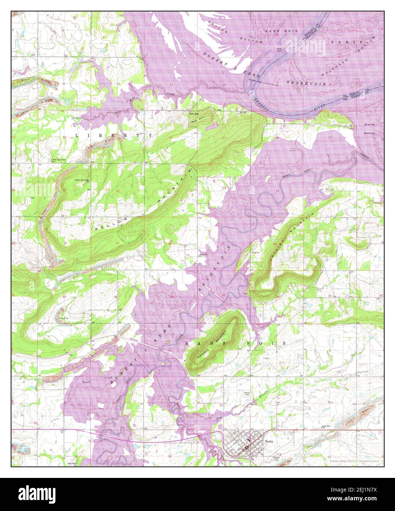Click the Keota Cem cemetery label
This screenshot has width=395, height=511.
(247, 394)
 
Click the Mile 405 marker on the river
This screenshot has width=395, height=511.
(345, 97)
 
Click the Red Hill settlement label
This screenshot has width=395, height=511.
(193, 114)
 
